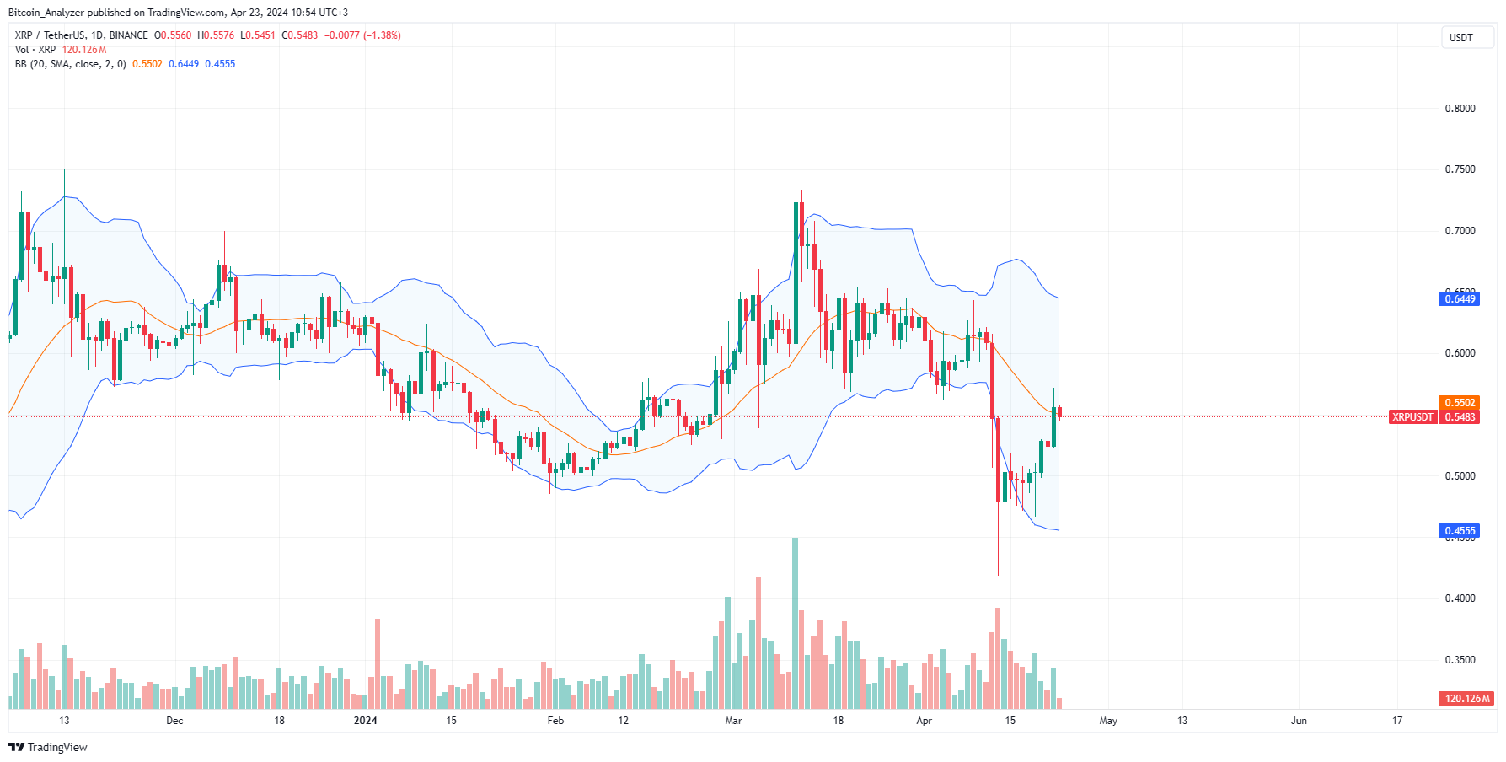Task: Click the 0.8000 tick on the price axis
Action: click(1460, 109)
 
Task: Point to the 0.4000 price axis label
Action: click(1460, 598)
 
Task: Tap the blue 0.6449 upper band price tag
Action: click(1460, 298)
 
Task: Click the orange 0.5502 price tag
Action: click(1460, 403)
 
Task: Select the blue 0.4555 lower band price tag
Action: click(1460, 531)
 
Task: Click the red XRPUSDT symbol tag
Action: click(1412, 417)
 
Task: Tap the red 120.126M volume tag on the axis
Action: click(1466, 699)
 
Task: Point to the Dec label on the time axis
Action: click(174, 721)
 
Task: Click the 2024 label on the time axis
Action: click(365, 721)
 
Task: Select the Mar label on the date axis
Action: click(733, 721)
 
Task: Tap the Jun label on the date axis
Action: click(1299, 721)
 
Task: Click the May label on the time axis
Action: click(1108, 721)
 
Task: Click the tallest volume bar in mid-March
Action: click(795, 624)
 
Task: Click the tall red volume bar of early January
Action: click(378, 664)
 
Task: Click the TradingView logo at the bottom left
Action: click(48, 748)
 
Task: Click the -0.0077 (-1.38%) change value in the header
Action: click(362, 35)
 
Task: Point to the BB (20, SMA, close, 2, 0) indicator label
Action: click(70, 64)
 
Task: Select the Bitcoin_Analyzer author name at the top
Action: click(46, 13)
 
